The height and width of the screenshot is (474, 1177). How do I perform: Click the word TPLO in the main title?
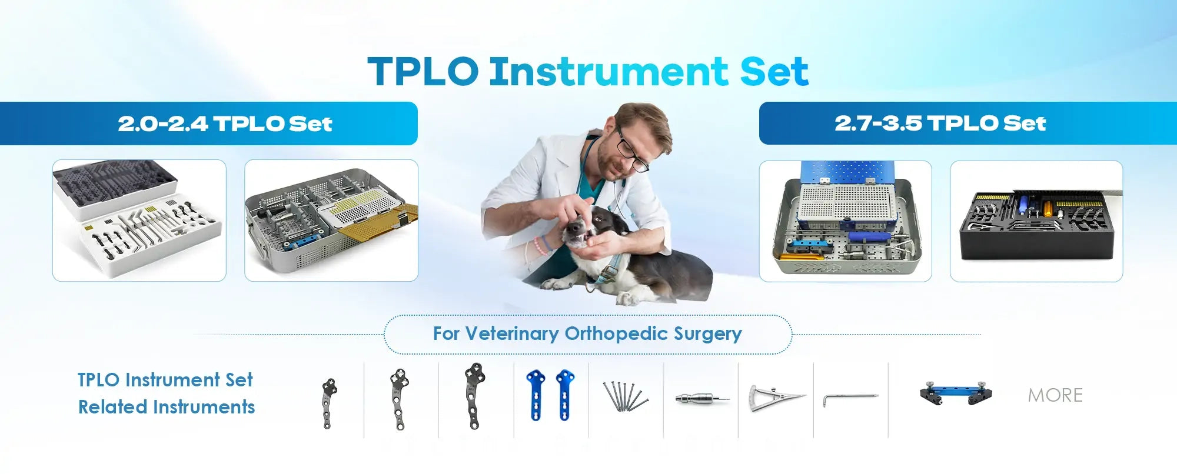(x=423, y=72)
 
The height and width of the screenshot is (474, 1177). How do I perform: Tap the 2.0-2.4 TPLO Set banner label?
(x=225, y=123)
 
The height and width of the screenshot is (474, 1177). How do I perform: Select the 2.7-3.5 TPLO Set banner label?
(x=940, y=123)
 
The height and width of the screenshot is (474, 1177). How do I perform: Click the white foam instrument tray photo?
(x=139, y=221)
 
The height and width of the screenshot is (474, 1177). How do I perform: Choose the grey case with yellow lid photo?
(x=331, y=221)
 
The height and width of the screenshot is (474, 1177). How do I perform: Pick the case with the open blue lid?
(x=846, y=221)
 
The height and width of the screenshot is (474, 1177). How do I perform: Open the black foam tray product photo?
(x=1036, y=221)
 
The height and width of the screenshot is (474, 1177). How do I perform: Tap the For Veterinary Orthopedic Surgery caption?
(x=587, y=334)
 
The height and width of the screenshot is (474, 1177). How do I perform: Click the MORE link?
(x=1055, y=395)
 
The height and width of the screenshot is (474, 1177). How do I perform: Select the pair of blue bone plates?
(x=551, y=395)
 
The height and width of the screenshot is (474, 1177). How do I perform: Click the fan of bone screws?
(x=625, y=396)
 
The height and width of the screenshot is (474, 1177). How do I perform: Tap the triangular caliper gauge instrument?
(x=776, y=398)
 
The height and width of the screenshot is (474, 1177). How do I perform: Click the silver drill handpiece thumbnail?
(x=701, y=399)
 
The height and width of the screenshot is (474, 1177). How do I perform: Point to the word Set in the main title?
(x=774, y=72)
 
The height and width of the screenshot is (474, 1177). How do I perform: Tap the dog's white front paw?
(x=556, y=285)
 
